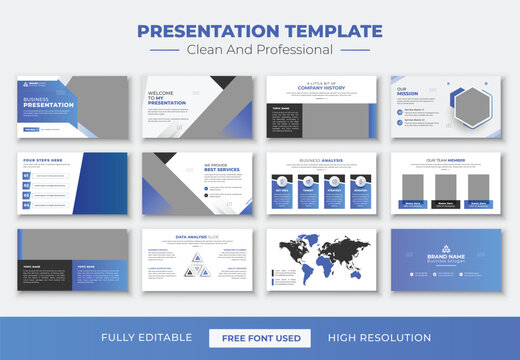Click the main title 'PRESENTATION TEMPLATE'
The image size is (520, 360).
tap(259, 30)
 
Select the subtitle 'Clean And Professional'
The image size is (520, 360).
tap(260, 49)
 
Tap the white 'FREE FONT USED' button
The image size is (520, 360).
tap(260, 338)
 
